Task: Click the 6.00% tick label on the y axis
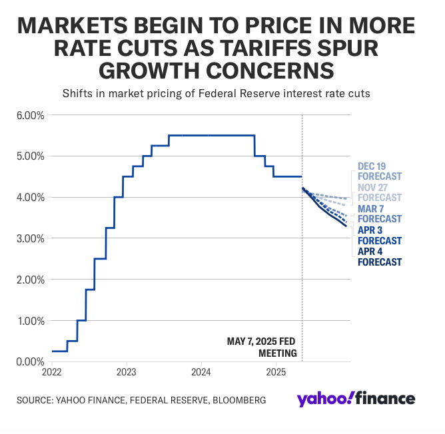[x=29, y=115]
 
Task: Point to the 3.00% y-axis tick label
[x=29, y=238]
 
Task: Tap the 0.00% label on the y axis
[x=29, y=361]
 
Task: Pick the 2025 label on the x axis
[x=276, y=371]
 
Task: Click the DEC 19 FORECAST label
[x=379, y=171]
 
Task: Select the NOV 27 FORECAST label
[x=379, y=192]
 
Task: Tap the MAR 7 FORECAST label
[x=379, y=214]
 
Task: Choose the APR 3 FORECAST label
[x=379, y=235]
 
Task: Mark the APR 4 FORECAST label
[x=379, y=256]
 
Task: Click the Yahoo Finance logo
[x=356, y=399]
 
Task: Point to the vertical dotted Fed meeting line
[x=302, y=266]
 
